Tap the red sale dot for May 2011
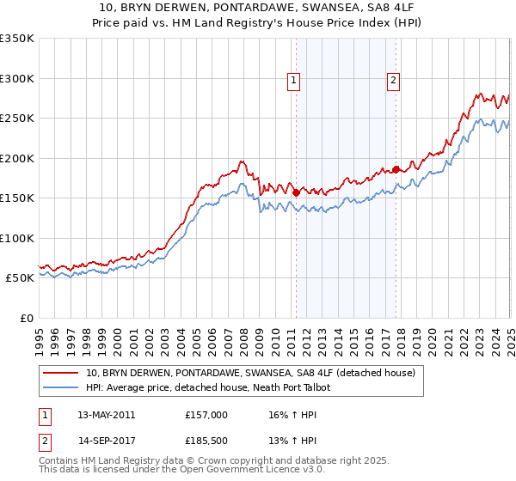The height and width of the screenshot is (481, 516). (296, 193)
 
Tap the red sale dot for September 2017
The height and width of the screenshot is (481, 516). (396, 170)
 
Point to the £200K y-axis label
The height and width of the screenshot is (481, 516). (17, 158)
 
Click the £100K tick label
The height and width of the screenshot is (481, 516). (17, 238)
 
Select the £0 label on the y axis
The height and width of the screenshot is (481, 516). (28, 318)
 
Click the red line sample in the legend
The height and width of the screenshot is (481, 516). (61, 373)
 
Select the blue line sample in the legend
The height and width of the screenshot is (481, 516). (61, 387)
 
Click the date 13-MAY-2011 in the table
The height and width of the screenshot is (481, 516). (106, 415)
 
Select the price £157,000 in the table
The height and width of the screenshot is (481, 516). (206, 415)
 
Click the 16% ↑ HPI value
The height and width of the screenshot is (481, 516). (286, 415)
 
